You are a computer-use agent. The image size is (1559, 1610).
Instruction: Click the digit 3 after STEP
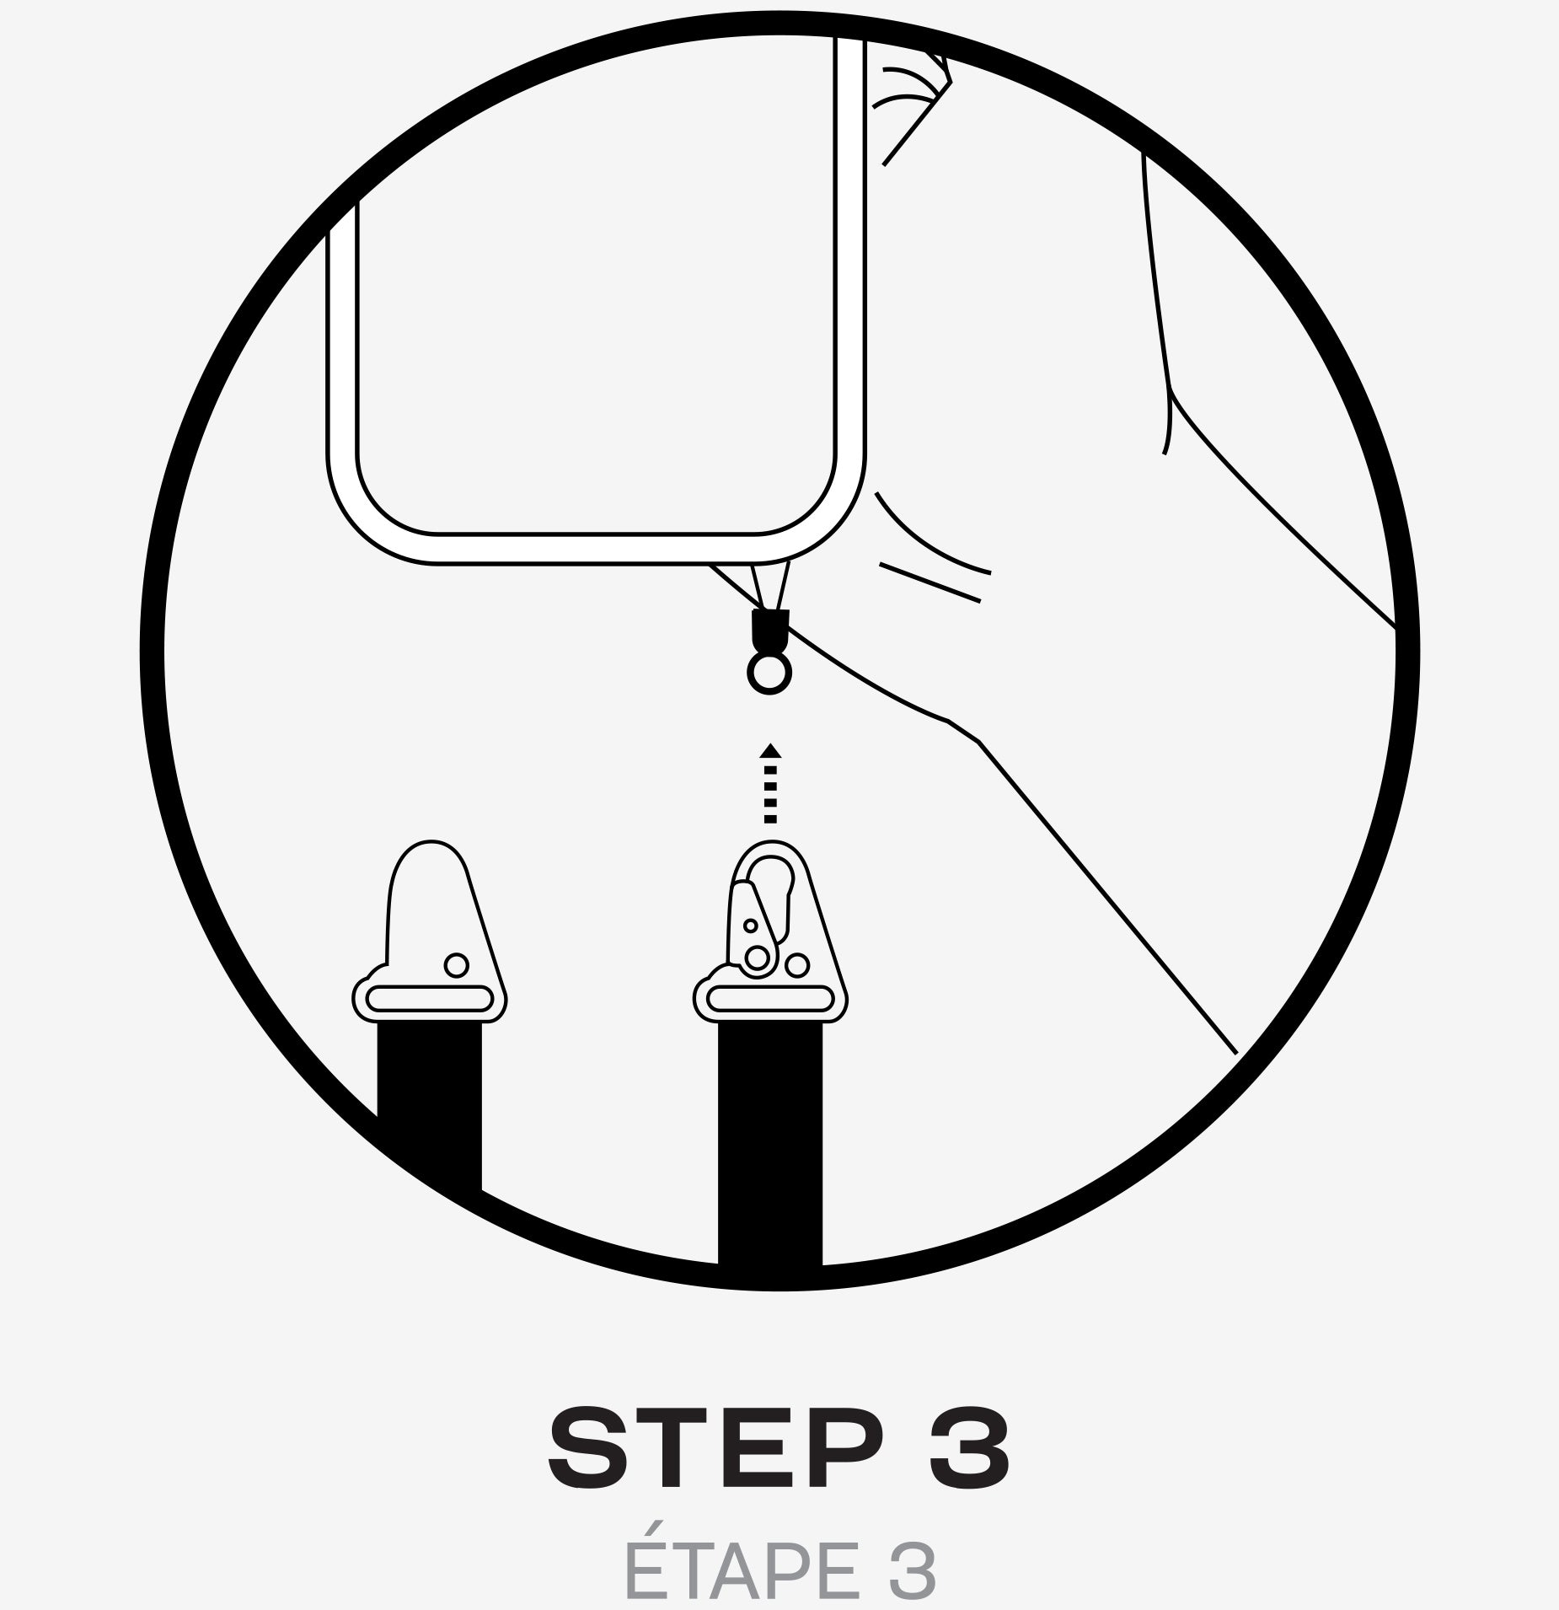pos(969,1447)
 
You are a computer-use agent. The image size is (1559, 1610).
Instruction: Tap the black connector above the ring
pos(769,629)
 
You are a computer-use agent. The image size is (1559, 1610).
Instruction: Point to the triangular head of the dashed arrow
pos(769,750)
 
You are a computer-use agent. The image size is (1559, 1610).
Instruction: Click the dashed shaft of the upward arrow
pos(770,793)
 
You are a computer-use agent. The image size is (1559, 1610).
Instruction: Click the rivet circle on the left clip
pos(456,965)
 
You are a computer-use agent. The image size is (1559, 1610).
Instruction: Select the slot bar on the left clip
pos(430,999)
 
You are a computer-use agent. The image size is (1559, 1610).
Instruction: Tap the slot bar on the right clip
pos(770,999)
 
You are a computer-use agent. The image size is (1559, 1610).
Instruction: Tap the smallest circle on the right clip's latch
pos(750,926)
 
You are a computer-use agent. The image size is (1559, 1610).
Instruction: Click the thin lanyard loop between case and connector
pos(770,586)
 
